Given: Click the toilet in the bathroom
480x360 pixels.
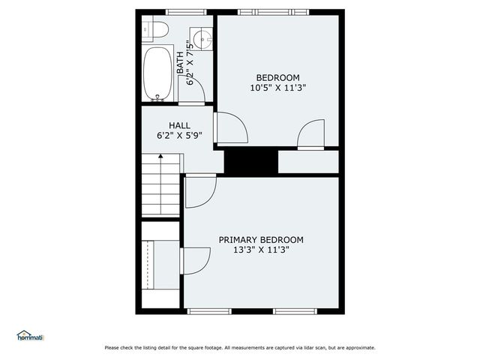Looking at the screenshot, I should pos(155,29).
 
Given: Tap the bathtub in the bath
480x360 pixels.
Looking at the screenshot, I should pos(158,73).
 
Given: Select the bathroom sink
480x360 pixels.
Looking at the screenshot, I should pos(201,37).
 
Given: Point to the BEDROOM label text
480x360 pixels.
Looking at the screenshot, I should pos(277,78).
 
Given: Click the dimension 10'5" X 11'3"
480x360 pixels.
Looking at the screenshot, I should pos(277,88).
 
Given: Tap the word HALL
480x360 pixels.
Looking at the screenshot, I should pos(179,125).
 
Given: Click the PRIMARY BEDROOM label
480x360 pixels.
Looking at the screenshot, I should pos(261,240).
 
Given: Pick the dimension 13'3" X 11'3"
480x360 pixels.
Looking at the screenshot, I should pos(261,250).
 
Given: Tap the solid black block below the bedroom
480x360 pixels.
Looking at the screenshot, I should pos(251,160).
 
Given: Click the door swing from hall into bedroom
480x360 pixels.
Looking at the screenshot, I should pos(229,127).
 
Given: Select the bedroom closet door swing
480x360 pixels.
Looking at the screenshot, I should pos(310,136).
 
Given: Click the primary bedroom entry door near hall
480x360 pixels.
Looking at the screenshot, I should pos(199,191).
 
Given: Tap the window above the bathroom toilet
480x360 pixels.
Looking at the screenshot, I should pos(186,12).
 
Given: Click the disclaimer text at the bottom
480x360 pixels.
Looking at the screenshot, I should pos(240,347).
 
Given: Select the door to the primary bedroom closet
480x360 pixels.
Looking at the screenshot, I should pos(195,261).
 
